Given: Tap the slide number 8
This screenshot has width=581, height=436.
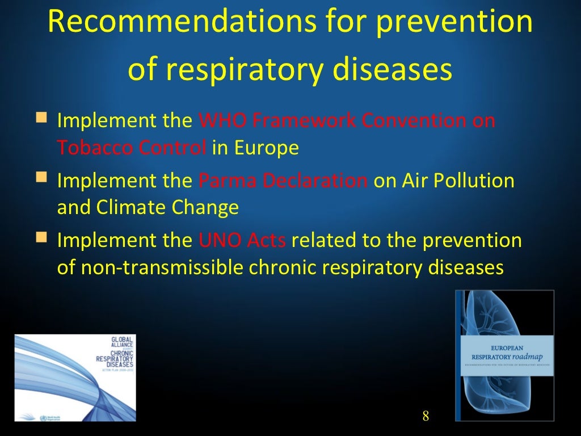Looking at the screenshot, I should pos(426,416).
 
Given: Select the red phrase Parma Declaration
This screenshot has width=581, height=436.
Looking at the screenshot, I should pos(283,181).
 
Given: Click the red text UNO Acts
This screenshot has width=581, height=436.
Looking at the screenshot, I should pos(242,241).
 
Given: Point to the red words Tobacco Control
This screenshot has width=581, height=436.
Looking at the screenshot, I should pos(132,148).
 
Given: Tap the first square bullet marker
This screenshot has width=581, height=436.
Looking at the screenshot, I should pos(41,118).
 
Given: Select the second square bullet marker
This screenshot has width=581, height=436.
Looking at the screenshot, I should pos(41,178).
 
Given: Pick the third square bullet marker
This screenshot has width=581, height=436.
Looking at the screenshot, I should pos(41,237).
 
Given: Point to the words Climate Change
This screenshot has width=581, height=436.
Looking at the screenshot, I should pos(167,208).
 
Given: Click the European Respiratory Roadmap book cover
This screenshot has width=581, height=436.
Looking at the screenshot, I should pos(504,355).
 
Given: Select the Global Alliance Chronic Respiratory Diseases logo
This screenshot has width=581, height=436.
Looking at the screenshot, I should pos(75,378).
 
